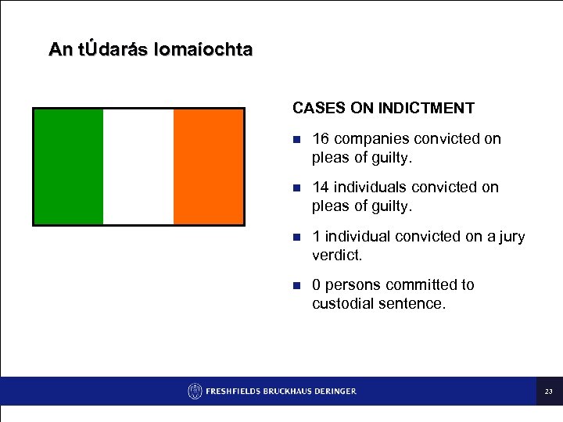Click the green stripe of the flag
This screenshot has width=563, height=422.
click(68, 166)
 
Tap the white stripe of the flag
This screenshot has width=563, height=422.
click(138, 166)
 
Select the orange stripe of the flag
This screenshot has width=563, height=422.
click(208, 166)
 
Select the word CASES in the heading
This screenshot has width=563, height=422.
click(316, 108)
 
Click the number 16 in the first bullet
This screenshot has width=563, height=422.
click(320, 139)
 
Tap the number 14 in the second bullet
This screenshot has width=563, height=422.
click(320, 188)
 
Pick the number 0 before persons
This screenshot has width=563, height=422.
click(316, 285)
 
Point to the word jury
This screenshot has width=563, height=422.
click(511, 237)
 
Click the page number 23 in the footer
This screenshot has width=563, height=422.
click(549, 392)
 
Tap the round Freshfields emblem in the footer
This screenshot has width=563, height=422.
click(195, 391)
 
